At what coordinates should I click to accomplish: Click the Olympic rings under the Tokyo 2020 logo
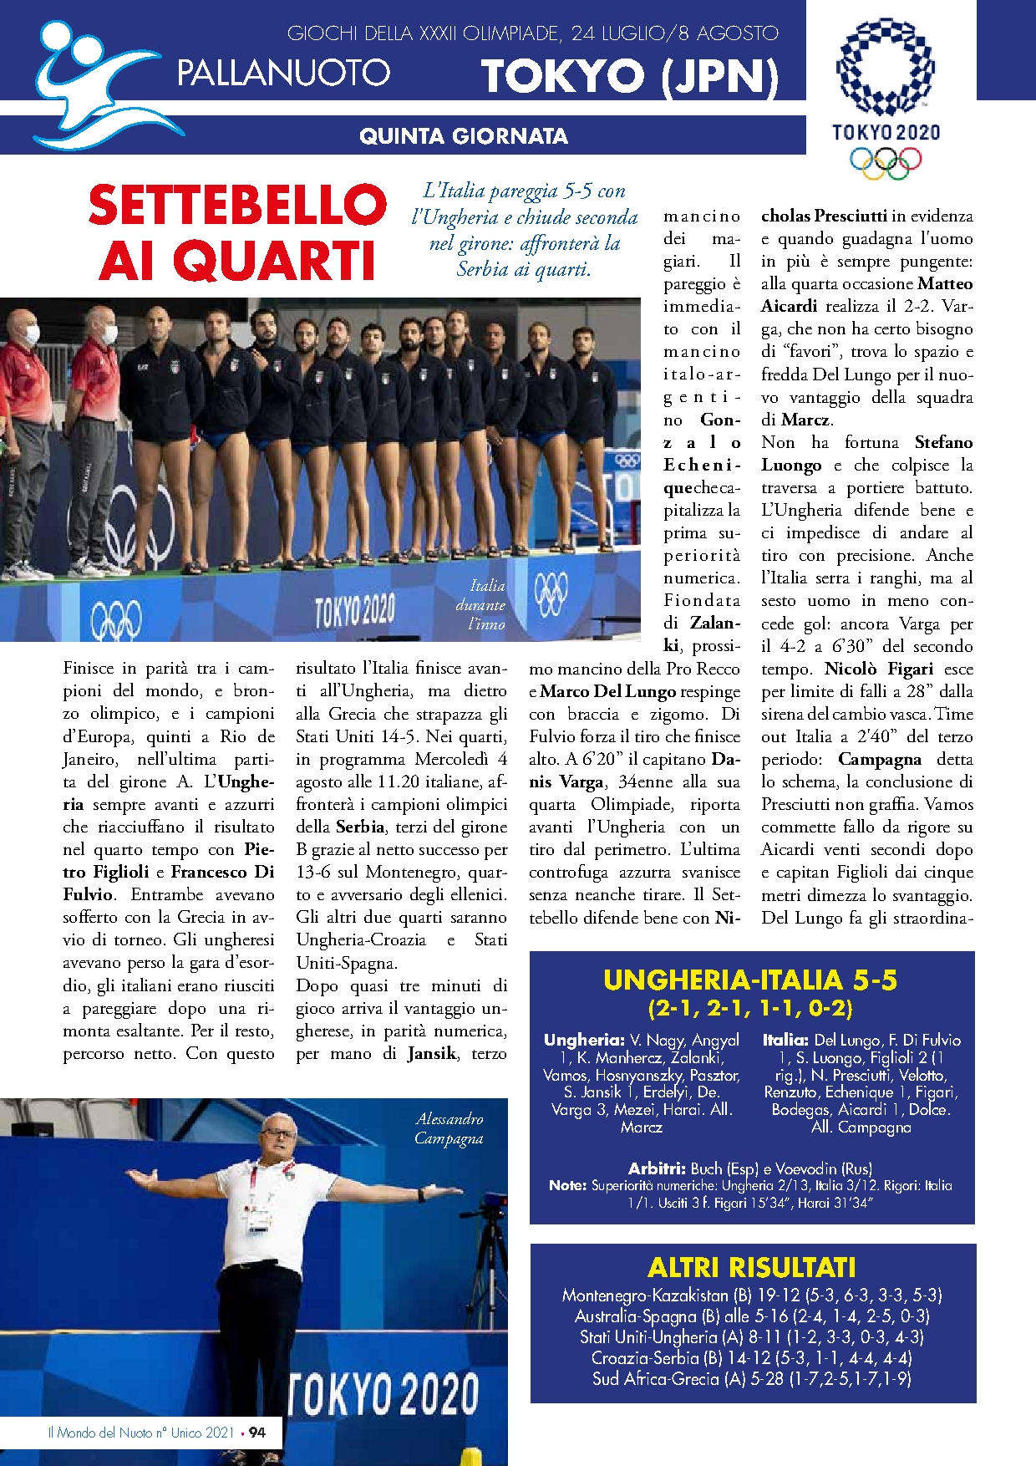[x=886, y=161]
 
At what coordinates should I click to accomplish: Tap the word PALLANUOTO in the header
[x=283, y=74]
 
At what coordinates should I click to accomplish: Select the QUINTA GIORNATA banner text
[x=463, y=136]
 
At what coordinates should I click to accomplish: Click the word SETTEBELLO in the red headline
[x=237, y=206]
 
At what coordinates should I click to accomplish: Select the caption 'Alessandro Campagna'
[x=449, y=1128]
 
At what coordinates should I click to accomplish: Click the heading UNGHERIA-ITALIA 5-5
[x=750, y=980]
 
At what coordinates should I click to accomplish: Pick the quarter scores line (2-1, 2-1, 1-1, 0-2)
[x=750, y=1008]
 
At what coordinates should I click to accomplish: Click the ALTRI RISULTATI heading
[x=752, y=1268]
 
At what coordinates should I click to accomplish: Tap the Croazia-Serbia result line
[x=752, y=1358]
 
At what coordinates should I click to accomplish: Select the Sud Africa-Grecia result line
[x=752, y=1379]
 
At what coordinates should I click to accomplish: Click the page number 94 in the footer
[x=257, y=1433]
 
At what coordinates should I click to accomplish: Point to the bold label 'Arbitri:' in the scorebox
[x=657, y=1168]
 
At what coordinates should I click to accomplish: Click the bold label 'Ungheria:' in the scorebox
[x=583, y=1041]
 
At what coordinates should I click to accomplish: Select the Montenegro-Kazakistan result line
[x=752, y=1295]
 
